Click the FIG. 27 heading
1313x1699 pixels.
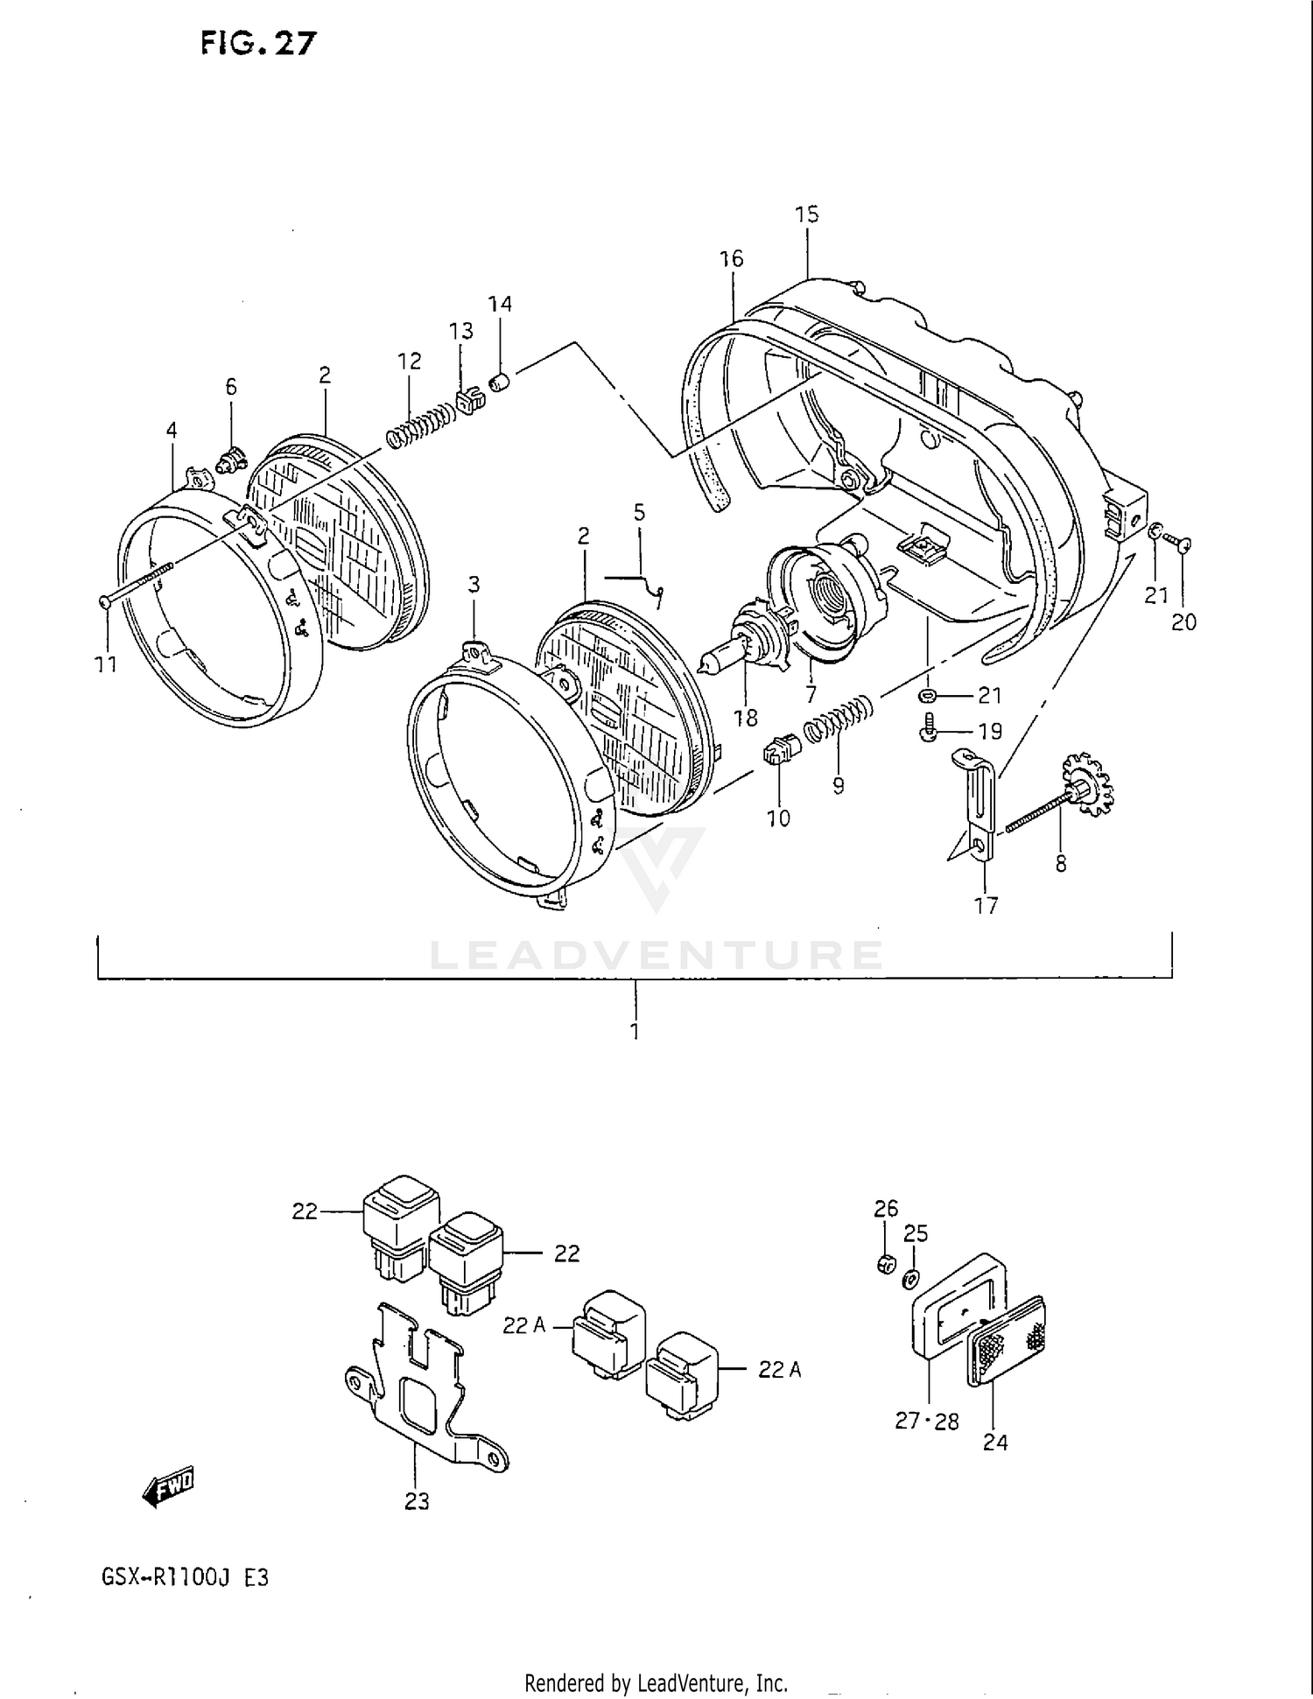coord(257,43)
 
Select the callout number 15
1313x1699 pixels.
coord(806,214)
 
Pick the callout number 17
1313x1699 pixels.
coord(986,905)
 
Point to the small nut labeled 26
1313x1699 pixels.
coord(886,1264)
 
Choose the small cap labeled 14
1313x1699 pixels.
coord(501,382)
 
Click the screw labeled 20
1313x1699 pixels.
coord(1182,546)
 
